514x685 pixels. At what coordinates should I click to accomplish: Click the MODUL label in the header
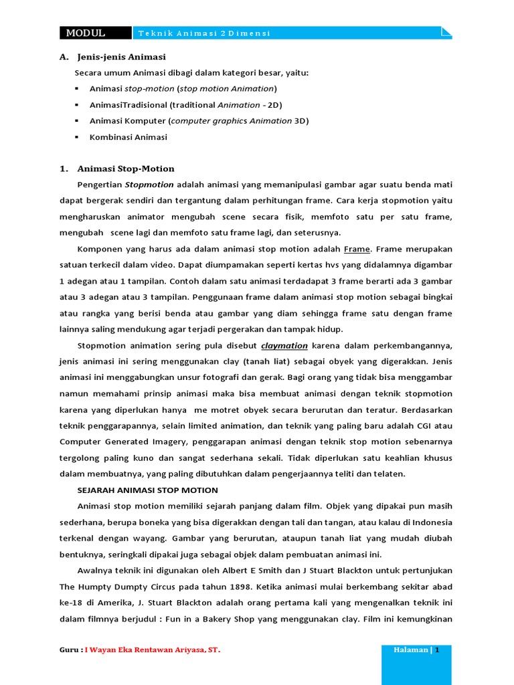(x=85, y=33)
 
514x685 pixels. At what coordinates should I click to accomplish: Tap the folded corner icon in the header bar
(x=446, y=31)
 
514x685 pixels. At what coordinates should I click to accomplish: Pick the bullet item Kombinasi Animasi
(x=128, y=137)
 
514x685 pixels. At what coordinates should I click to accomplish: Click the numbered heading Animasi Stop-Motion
(x=126, y=169)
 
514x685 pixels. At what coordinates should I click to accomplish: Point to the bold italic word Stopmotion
(x=149, y=185)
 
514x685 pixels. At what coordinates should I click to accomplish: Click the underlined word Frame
(x=357, y=249)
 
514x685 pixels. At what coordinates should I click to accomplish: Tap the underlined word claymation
(x=284, y=346)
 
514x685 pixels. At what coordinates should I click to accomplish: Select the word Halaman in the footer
(x=411, y=650)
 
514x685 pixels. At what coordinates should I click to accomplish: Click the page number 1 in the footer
(x=438, y=650)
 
